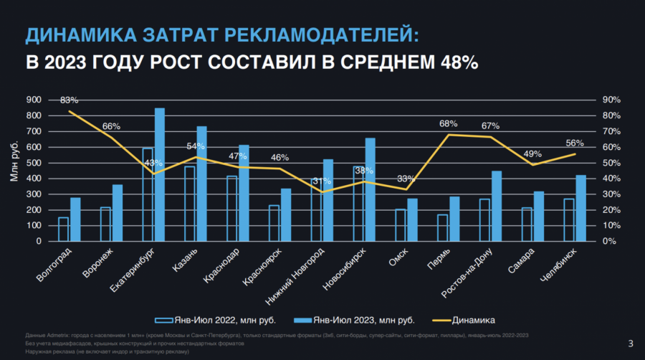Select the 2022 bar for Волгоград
pos(64,229)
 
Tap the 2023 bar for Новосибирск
pos(370,189)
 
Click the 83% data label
pos(70,100)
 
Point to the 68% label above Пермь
pos(449,124)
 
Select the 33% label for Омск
pos(406,179)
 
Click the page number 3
pos(630,342)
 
